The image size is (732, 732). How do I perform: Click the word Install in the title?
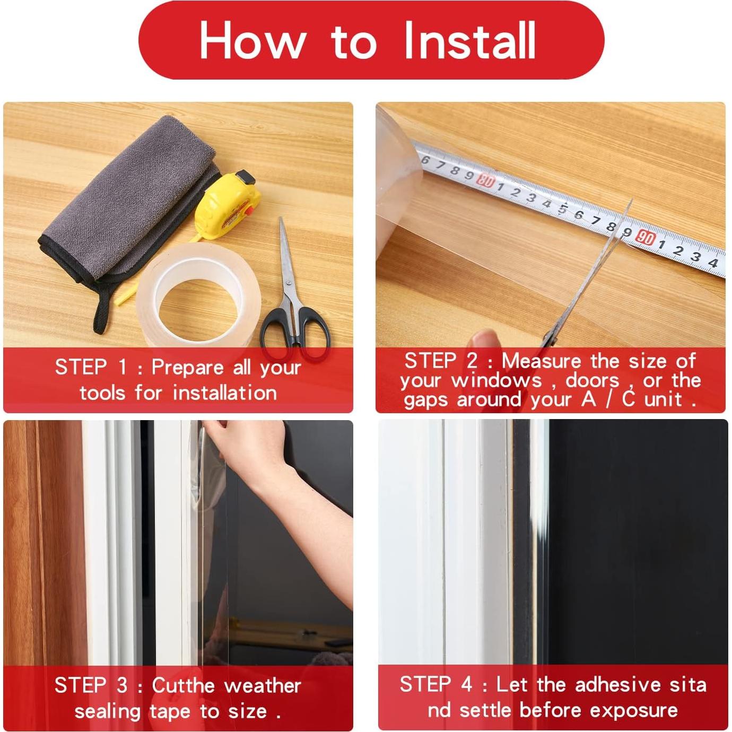point(469,41)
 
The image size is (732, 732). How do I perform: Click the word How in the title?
point(252,41)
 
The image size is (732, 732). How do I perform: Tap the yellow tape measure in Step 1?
point(228,207)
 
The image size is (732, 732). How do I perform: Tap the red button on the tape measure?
point(247,211)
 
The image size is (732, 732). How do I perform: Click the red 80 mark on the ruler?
point(485,181)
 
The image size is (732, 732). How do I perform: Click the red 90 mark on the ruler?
point(646,238)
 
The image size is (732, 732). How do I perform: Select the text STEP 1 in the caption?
point(91,367)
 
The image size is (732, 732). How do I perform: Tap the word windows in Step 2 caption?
point(497,380)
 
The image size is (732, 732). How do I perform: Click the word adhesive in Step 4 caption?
point(618,685)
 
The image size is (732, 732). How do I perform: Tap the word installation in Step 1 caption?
point(224,393)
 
